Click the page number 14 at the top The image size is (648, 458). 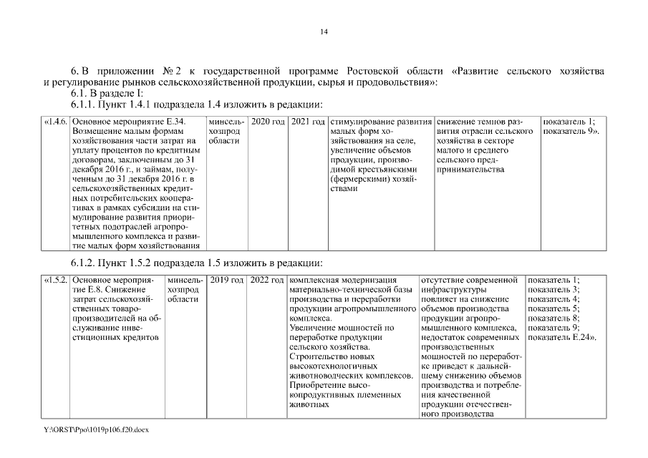[x=324, y=31]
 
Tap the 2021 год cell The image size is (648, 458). [x=308, y=122]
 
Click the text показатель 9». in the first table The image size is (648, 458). [x=571, y=132]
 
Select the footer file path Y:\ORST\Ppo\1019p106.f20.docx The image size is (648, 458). [x=96, y=429]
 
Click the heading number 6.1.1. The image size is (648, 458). [x=84, y=106]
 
